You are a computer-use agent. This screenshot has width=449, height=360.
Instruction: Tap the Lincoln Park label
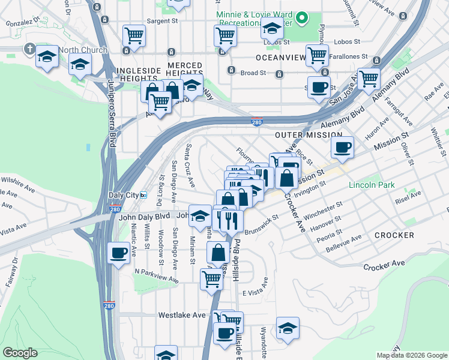click(x=372, y=185)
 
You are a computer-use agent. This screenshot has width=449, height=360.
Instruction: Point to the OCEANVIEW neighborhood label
click(x=277, y=58)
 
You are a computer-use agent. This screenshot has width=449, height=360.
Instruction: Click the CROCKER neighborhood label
click(x=394, y=235)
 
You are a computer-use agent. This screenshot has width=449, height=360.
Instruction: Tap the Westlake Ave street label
click(x=182, y=314)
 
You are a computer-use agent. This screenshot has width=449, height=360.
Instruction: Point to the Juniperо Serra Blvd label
click(x=112, y=114)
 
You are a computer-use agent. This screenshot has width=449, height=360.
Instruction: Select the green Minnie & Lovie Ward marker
click(x=303, y=18)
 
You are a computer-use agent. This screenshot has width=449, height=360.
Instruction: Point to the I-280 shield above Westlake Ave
click(x=109, y=305)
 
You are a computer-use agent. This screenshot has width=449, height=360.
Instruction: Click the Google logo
click(x=20, y=353)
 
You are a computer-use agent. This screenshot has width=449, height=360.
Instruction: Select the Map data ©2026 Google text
click(x=412, y=355)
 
